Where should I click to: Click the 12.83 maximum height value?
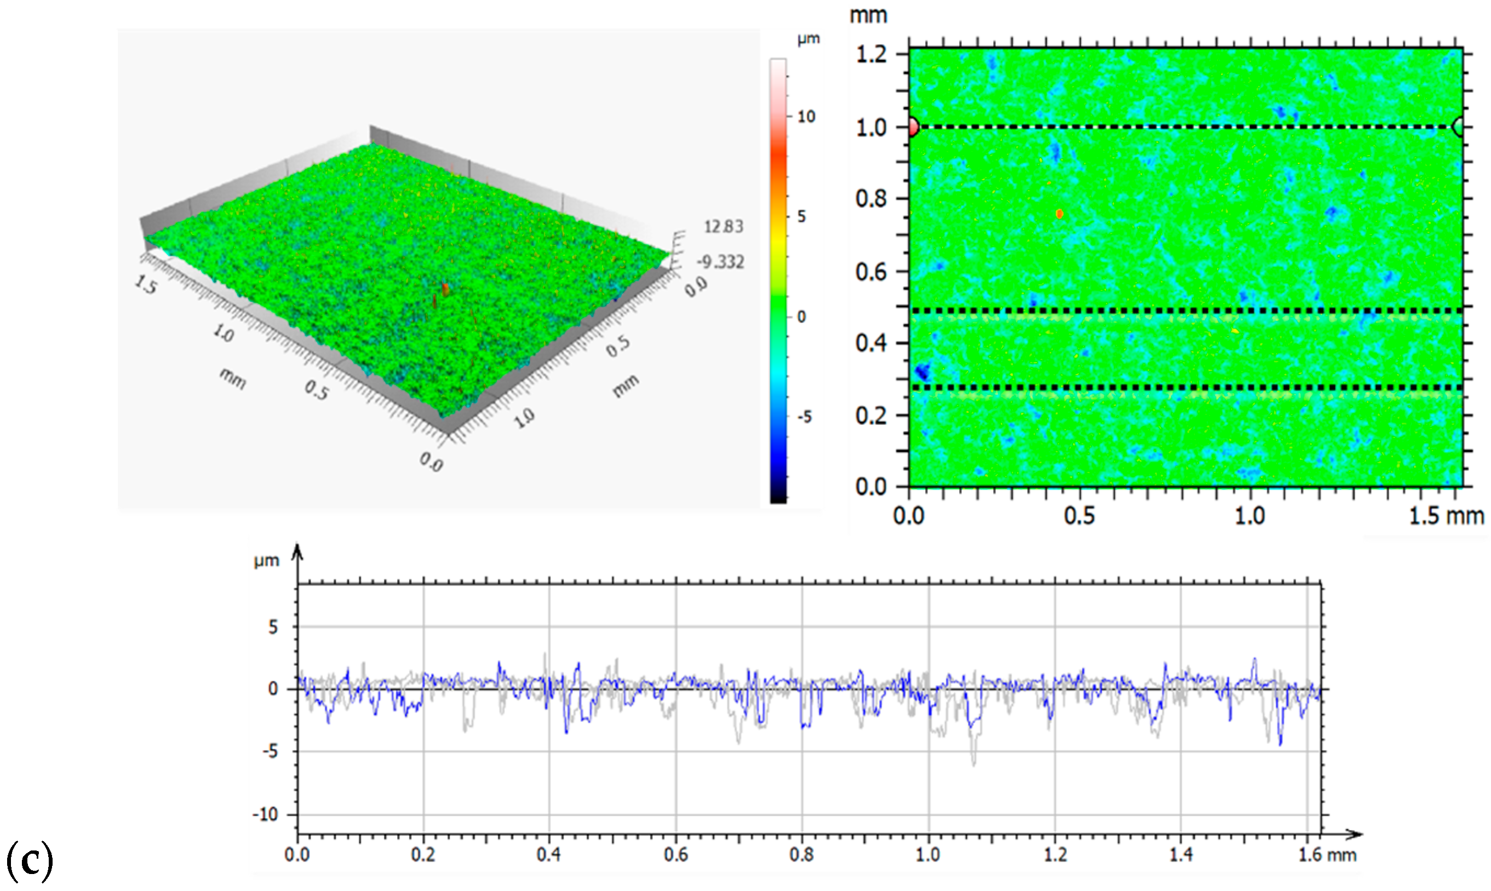click(723, 227)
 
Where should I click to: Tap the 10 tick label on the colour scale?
click(806, 117)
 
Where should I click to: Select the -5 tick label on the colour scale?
click(805, 417)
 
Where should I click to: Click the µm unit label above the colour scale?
click(808, 39)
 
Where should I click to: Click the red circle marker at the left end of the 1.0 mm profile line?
click(913, 127)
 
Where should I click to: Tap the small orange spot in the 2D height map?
click(1059, 214)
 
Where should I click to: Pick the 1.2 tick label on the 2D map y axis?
click(871, 55)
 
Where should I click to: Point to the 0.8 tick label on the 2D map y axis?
click(871, 199)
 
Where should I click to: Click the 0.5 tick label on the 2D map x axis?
click(1079, 516)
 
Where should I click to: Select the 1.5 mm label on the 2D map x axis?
click(1446, 516)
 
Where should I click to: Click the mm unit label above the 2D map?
click(868, 15)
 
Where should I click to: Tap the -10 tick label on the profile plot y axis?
click(266, 815)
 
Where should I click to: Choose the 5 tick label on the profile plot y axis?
click(273, 628)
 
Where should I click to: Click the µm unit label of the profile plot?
click(266, 561)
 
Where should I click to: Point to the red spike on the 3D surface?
click(445, 290)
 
